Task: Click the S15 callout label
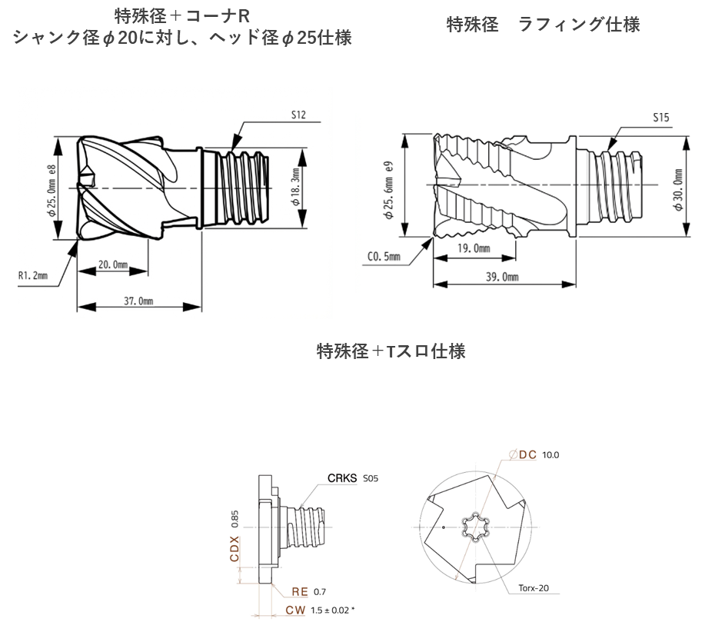click(x=660, y=118)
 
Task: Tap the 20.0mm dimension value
click(x=114, y=264)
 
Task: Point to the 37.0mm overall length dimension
click(x=139, y=301)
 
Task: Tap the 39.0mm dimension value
click(x=503, y=278)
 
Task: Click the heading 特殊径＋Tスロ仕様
click(x=391, y=351)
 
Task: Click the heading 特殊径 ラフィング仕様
click(x=543, y=25)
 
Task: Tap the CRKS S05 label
click(x=353, y=477)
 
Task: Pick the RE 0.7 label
click(x=309, y=591)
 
